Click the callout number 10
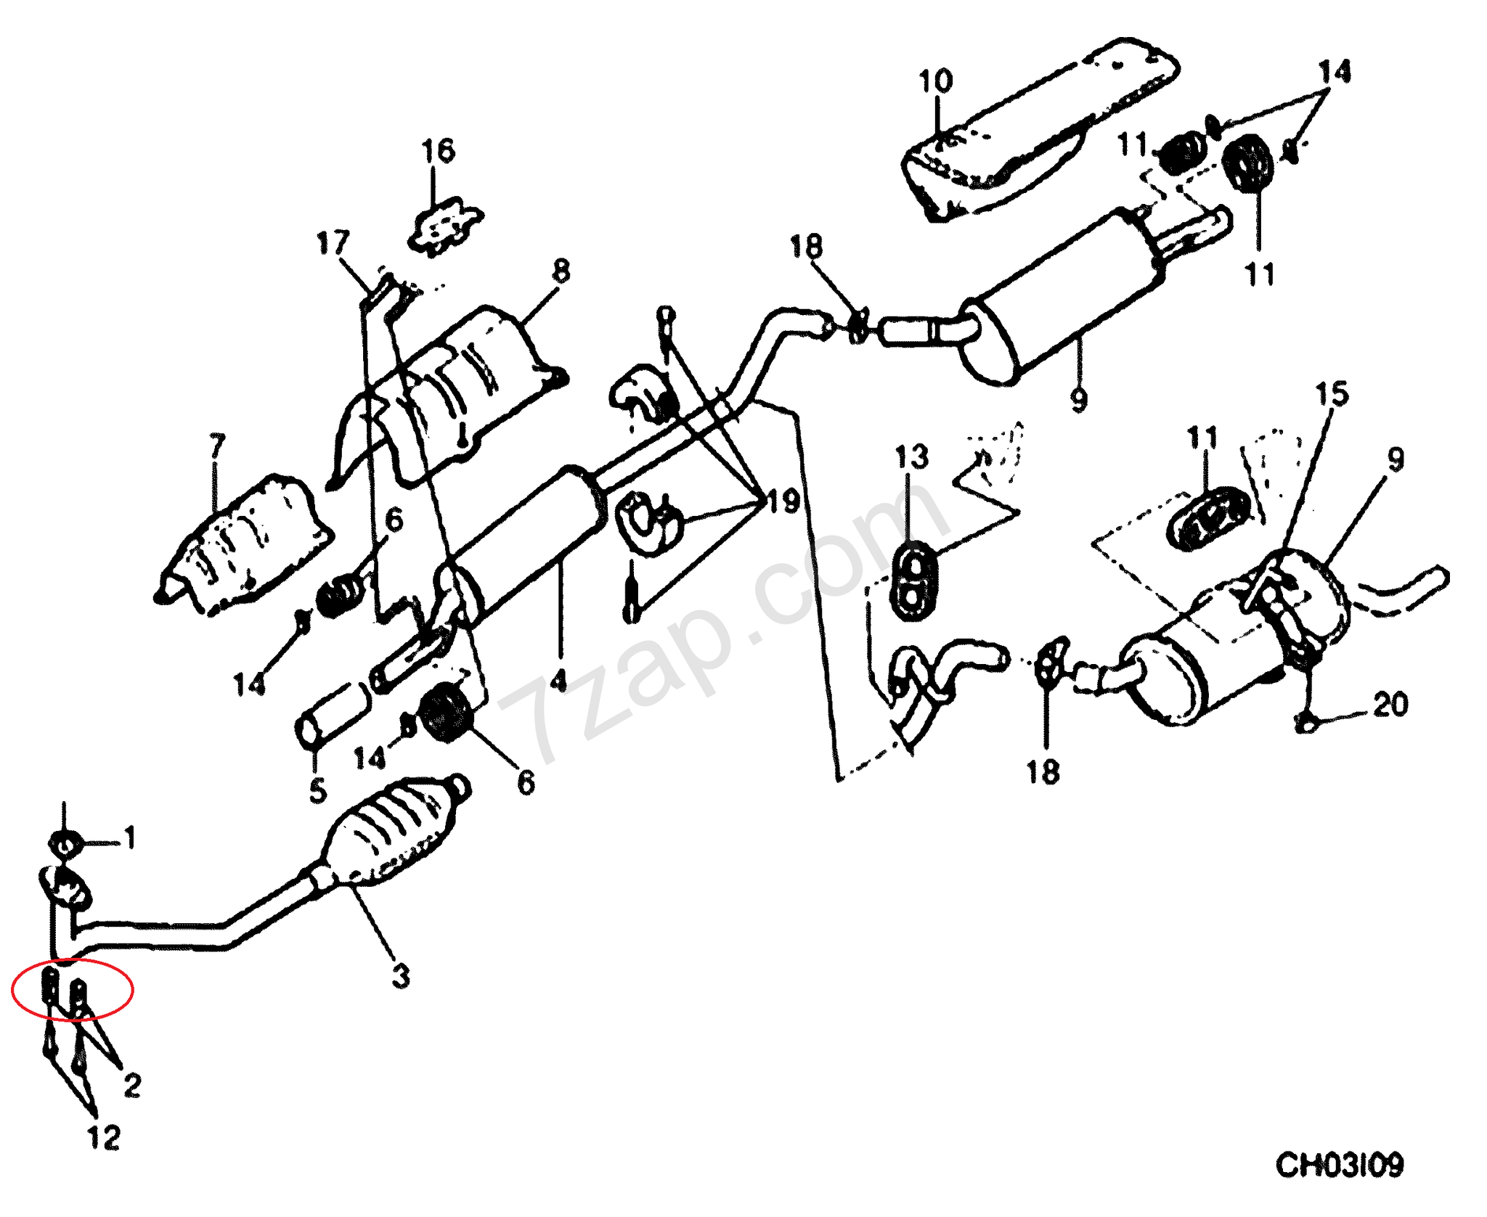(935, 81)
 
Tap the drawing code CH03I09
(1340, 1165)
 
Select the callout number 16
(438, 151)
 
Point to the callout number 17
(333, 243)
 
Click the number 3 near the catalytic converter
(401, 976)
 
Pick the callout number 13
(911, 457)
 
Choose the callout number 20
(1390, 704)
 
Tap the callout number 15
(1332, 395)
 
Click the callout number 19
(783, 501)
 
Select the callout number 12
(104, 1138)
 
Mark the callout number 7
(217, 446)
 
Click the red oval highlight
(72, 988)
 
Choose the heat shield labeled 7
(243, 544)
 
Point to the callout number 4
(558, 681)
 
